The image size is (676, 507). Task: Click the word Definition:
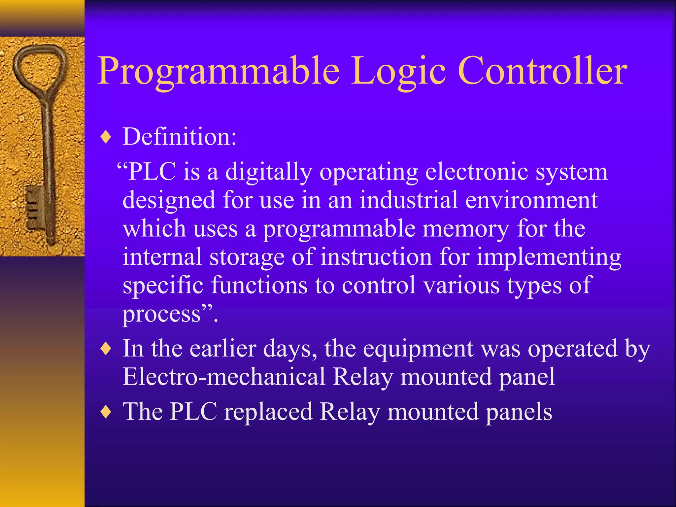180,136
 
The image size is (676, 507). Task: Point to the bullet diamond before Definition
106,137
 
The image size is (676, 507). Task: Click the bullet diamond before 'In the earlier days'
106,349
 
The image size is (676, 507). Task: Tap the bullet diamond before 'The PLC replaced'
106,412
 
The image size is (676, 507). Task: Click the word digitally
268,172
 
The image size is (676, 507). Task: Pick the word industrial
408,200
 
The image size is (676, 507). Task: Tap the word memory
465,229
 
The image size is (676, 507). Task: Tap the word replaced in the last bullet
268,412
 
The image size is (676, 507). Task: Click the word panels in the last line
519,412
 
